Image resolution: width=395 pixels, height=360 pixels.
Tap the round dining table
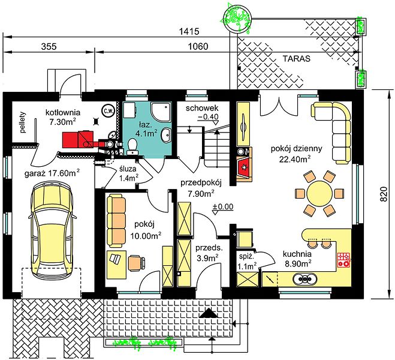(319, 194)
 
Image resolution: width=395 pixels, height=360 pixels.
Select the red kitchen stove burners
(344, 260)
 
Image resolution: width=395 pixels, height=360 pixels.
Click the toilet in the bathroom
(132, 146)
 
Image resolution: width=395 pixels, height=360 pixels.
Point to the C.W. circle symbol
(108, 110)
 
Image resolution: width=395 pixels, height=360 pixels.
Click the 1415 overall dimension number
(189, 32)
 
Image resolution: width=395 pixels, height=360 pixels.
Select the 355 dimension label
(49, 47)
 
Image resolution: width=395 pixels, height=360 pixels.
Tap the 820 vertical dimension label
(383, 194)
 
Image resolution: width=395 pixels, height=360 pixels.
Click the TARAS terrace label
(297, 59)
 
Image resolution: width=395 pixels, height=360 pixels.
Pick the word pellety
(23, 122)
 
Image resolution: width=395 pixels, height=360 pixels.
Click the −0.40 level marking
(208, 117)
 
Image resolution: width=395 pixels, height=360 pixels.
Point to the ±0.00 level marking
(223, 207)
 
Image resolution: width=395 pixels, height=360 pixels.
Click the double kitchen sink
(305, 279)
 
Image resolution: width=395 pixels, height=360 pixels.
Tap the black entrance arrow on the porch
(209, 313)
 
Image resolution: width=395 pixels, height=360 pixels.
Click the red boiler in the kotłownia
(79, 140)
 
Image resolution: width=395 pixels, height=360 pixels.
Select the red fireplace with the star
(244, 167)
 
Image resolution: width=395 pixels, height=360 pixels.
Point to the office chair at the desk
(137, 263)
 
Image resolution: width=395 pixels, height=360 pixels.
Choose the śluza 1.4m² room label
(128, 173)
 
